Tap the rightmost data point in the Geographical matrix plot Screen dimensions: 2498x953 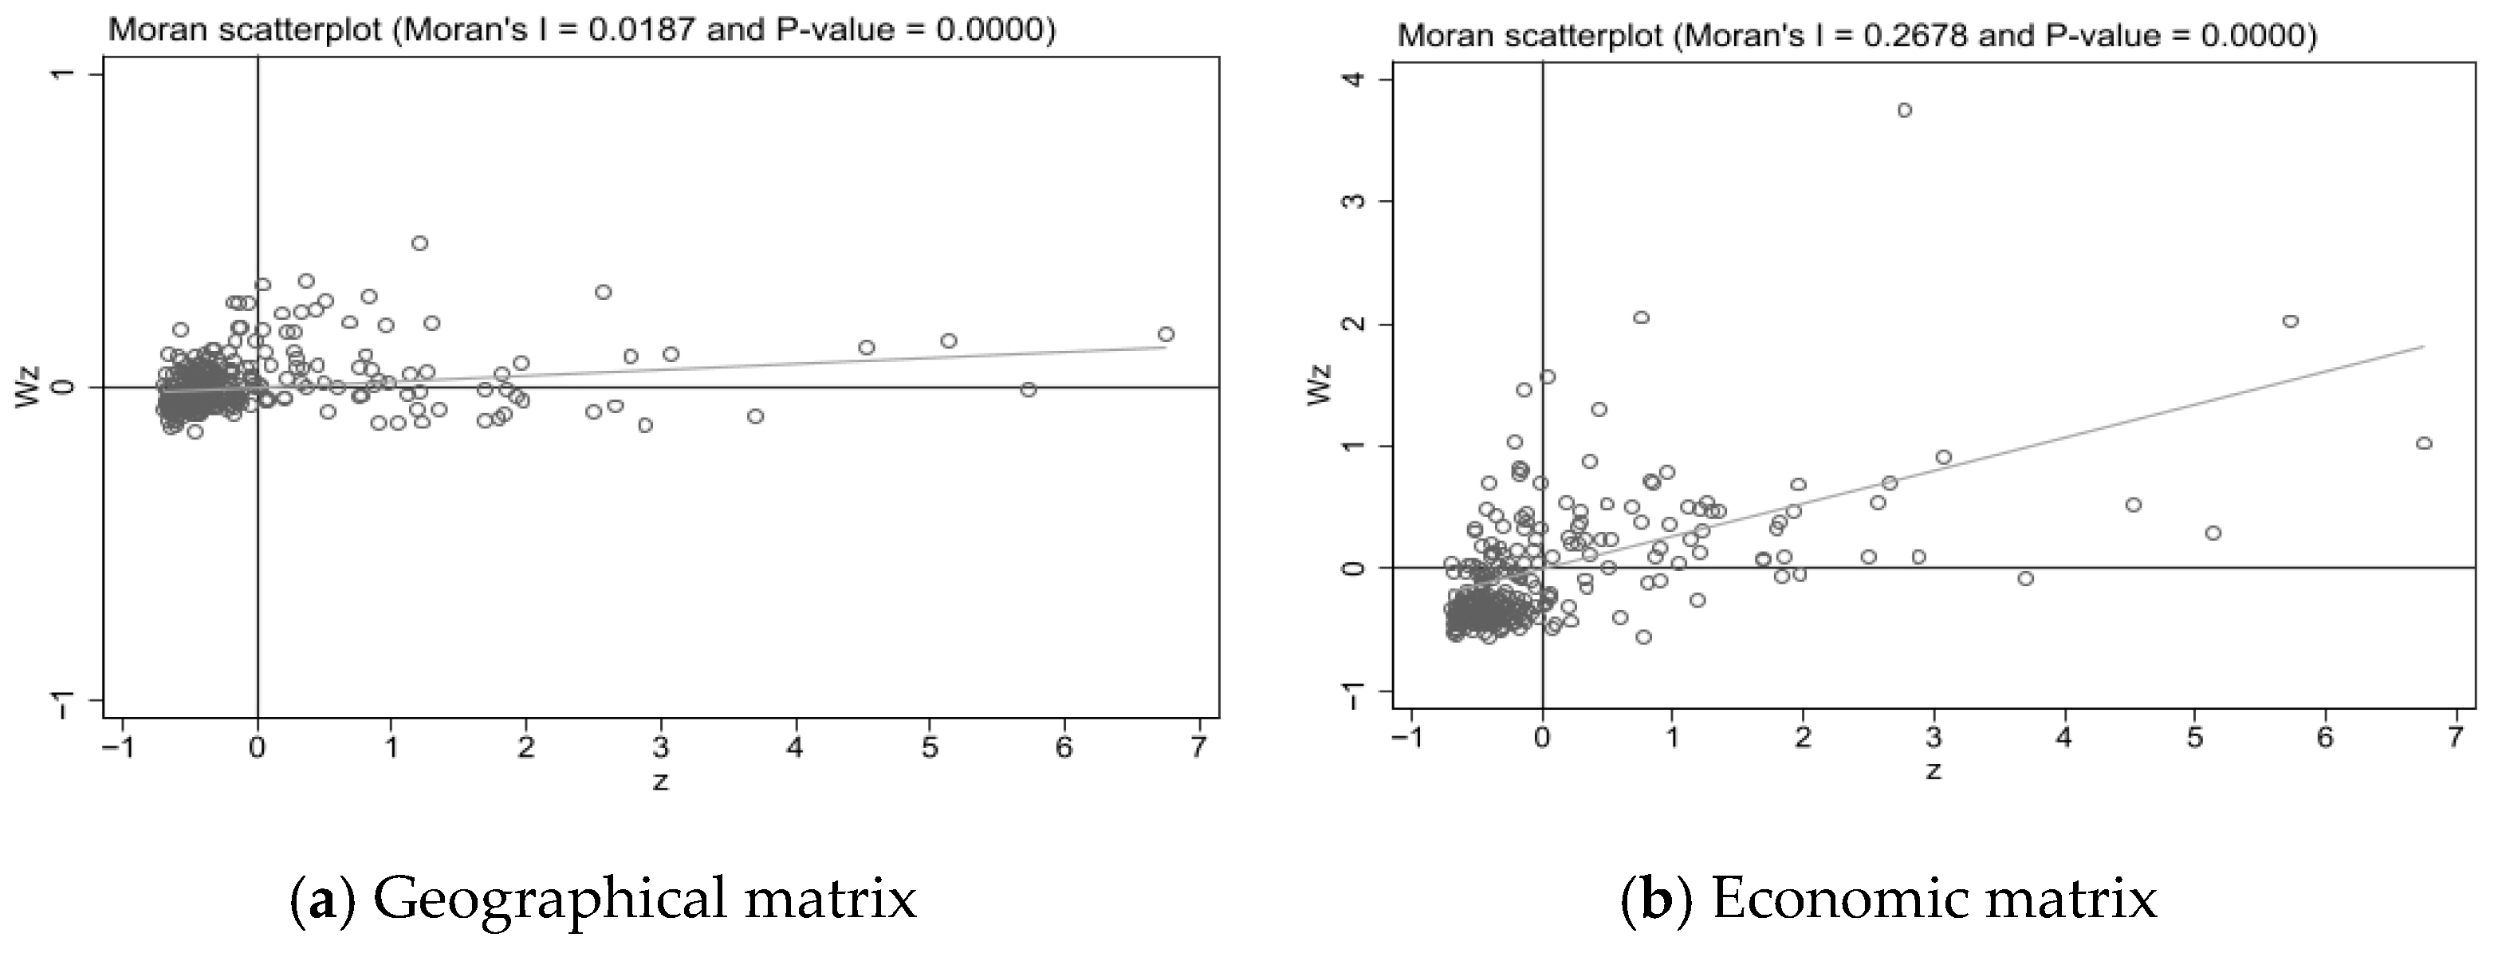coord(1166,334)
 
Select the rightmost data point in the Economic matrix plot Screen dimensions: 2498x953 coord(2425,443)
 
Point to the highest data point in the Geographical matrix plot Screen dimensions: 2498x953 coord(420,243)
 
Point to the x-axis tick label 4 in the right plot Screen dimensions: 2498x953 coord(2064,738)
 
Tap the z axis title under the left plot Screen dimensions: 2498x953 coord(660,782)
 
